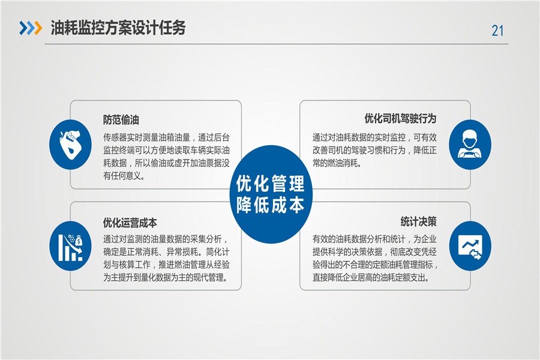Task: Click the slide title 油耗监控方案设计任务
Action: click(118, 28)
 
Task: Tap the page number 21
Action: click(497, 31)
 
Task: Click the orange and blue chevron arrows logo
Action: click(31, 28)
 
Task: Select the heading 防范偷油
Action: click(121, 120)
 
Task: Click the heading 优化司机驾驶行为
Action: click(401, 119)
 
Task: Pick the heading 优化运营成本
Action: click(130, 223)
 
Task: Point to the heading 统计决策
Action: click(418, 221)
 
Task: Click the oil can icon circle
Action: click(71, 145)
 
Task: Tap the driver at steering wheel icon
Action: click(470, 145)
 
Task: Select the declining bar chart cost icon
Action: click(71, 246)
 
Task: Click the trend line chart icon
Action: click(470, 246)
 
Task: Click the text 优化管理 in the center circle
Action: click(271, 183)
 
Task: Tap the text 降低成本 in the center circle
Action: click(271, 205)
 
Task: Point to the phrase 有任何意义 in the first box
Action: click(122, 176)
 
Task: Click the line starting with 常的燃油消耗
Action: click(337, 163)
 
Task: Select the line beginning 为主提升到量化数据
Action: click(166, 277)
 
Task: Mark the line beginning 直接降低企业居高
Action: click(371, 277)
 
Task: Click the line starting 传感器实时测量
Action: click(166, 137)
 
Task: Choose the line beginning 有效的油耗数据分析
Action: click(374, 239)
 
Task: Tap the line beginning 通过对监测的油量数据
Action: click(166, 239)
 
